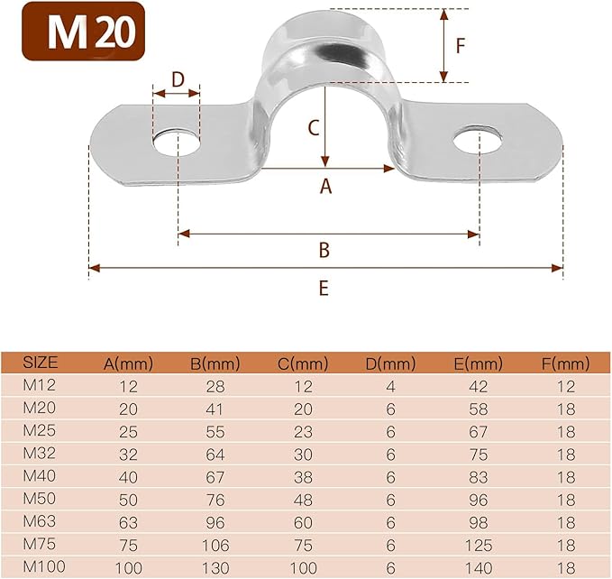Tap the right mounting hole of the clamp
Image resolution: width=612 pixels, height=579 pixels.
coord(478,141)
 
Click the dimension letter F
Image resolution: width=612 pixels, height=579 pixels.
coord(460,46)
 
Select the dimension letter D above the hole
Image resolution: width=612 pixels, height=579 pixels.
coord(178,79)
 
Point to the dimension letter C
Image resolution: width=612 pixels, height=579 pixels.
coord(313,127)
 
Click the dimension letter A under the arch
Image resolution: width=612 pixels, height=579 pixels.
coord(326,187)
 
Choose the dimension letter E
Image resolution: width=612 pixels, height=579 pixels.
coord(324,288)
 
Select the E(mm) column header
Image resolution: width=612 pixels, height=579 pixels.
coord(477,363)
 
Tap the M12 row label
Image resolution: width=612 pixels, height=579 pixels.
coord(39,386)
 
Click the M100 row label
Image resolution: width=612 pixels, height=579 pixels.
coord(42,566)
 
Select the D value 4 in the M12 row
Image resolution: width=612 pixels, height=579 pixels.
coord(391,386)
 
